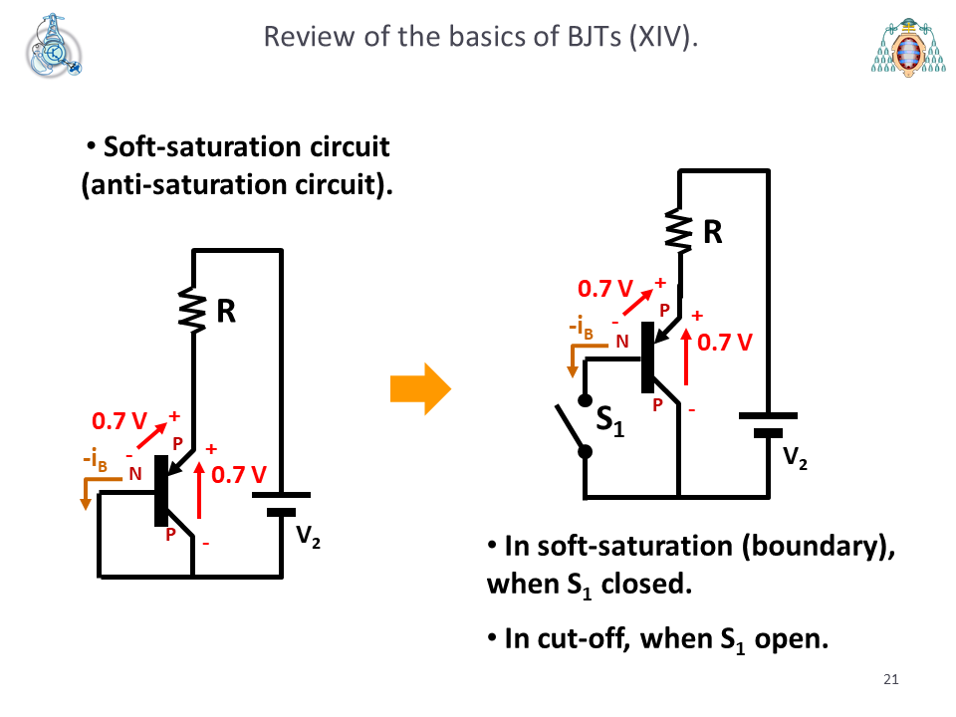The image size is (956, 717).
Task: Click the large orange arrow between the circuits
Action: coord(420,389)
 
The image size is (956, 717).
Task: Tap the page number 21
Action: coord(890,679)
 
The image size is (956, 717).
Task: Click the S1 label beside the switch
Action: coord(609,421)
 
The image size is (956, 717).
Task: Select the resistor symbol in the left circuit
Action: coord(192,311)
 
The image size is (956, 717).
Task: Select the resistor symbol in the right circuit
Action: coord(678,230)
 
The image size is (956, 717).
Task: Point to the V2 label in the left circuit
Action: coord(308,537)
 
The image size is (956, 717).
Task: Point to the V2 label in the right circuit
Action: coord(795,458)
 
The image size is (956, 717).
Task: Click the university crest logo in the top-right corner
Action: coord(908,47)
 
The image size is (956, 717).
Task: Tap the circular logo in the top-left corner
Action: coord(54,47)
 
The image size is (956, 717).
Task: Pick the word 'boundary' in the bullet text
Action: coord(815,546)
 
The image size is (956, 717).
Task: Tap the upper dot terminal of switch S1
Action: coord(585,400)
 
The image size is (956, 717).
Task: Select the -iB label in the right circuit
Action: coord(581,328)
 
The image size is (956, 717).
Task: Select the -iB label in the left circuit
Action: coord(96,460)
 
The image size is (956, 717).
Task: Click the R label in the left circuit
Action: coord(226,312)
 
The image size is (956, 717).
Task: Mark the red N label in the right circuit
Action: coord(621,342)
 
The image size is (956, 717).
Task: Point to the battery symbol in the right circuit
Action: coord(768,425)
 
